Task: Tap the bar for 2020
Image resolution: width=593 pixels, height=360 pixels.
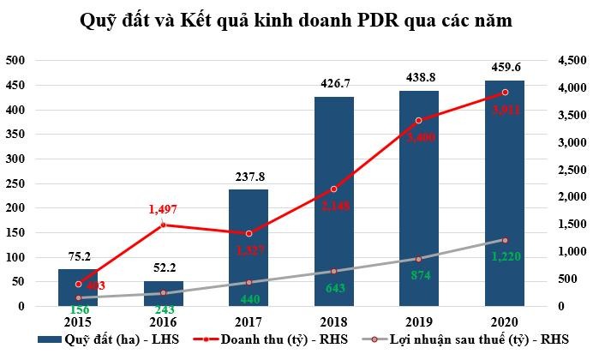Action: pos(504,197)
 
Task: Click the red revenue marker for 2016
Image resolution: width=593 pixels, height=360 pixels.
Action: pos(163,225)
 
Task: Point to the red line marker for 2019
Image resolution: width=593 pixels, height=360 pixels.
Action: pos(419,121)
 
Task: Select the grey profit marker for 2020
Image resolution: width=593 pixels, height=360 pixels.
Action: pos(505,240)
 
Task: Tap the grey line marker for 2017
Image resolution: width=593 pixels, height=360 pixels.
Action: pos(249,282)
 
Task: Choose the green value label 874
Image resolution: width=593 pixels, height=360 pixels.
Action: pos(419,276)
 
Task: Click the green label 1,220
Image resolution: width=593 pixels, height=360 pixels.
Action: pos(505,255)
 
